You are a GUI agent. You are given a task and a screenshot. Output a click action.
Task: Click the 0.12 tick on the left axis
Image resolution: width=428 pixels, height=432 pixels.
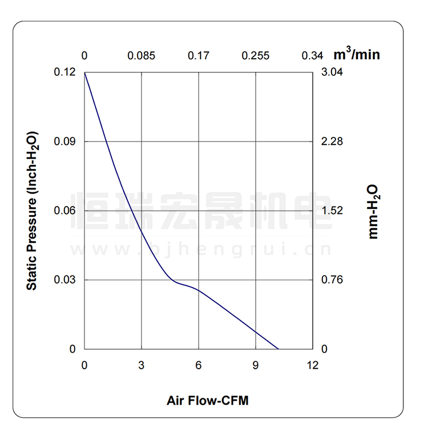64,72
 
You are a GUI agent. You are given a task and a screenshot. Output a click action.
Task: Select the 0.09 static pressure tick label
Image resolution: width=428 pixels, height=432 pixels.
64,142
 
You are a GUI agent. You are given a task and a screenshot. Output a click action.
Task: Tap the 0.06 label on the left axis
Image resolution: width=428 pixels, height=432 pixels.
64,211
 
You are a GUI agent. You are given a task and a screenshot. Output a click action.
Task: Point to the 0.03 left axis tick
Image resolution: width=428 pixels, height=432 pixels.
64,280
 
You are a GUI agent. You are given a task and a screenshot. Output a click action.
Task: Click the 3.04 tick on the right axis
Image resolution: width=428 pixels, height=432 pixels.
332,72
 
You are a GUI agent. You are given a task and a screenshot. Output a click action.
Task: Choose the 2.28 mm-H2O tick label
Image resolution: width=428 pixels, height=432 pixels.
332,142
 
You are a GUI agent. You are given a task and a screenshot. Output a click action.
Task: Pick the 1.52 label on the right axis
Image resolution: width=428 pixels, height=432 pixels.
332,211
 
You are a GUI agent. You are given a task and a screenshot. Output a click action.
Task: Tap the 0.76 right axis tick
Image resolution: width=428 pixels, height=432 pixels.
332,280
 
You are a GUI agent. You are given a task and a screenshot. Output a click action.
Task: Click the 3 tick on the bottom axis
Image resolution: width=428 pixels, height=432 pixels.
142,365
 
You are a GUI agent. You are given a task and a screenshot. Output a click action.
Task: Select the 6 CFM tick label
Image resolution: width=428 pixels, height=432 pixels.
199,365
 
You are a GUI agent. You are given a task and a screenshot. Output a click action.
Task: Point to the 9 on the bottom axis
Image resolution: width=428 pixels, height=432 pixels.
256,365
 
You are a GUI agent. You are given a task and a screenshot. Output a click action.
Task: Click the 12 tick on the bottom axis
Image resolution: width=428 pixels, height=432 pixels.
312,365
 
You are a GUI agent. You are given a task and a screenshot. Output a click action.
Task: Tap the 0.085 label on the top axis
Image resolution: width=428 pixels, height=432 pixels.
142,56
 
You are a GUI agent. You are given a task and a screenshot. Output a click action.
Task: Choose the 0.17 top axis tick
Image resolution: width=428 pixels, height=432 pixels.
199,56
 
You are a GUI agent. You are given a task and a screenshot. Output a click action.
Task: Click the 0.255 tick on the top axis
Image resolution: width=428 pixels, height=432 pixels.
256,56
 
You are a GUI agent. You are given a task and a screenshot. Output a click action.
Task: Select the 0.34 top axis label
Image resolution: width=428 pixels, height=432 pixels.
312,56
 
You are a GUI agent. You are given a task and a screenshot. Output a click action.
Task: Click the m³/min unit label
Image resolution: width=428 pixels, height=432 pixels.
357,54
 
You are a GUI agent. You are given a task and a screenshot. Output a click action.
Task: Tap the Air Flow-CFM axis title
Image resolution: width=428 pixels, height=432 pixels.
208,400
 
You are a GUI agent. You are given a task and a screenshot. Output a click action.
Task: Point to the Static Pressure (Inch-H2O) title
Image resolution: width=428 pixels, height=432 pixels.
33,211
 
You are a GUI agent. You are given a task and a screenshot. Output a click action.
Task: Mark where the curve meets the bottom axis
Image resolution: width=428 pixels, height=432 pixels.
278,349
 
